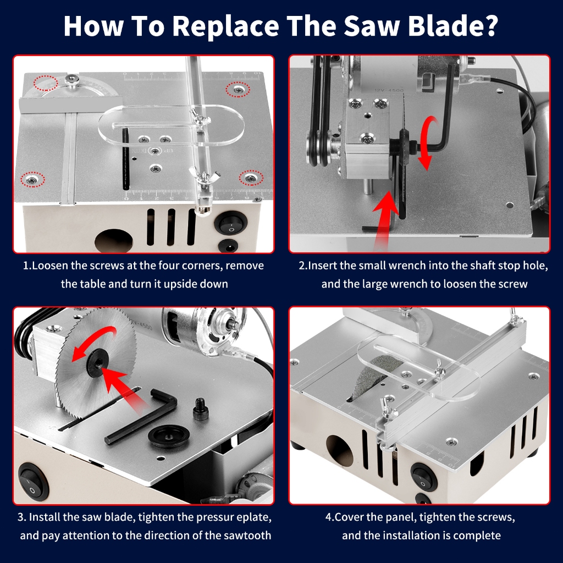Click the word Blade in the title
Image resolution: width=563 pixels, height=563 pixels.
point(443,25)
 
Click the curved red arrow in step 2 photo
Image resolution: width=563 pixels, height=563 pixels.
point(431,143)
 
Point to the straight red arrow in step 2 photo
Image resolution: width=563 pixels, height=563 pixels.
point(386,219)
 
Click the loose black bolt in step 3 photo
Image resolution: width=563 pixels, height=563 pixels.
point(200,409)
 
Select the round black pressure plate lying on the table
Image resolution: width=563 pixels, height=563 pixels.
point(168,436)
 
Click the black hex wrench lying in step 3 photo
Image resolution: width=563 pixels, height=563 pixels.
point(143,417)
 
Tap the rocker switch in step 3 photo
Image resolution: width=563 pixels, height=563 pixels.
point(34,481)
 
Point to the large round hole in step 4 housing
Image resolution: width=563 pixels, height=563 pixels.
point(339,451)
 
